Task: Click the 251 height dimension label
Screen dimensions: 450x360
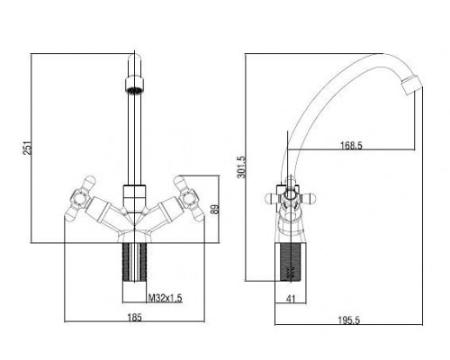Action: [28, 148]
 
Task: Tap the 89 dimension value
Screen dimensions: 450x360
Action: [215, 209]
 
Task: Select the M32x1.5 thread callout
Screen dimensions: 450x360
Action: [166, 298]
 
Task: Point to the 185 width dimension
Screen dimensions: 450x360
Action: [134, 318]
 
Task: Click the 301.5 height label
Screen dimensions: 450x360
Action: [241, 166]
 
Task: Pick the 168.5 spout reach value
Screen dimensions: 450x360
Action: [351, 145]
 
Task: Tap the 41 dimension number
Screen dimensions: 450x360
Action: [291, 299]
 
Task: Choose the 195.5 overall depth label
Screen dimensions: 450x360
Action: [349, 320]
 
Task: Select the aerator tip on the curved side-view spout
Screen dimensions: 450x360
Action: [412, 85]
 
